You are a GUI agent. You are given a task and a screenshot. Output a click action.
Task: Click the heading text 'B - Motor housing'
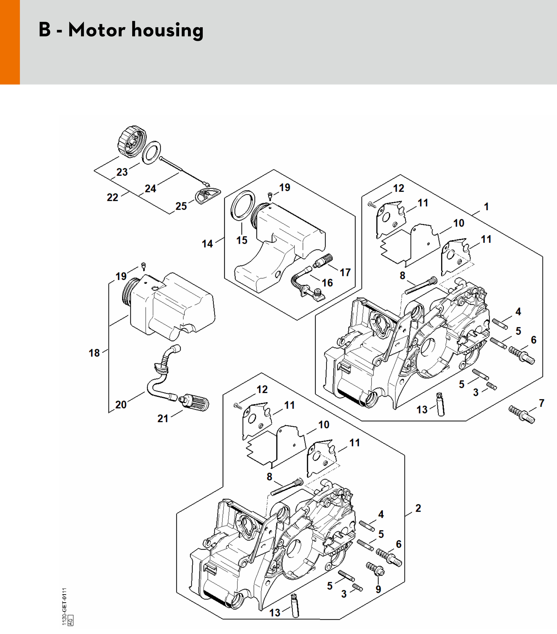tap(121, 30)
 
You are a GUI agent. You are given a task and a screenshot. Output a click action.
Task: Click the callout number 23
tap(122, 172)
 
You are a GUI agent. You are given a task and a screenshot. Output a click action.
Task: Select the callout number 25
tap(181, 206)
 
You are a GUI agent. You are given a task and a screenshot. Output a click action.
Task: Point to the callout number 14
tap(208, 244)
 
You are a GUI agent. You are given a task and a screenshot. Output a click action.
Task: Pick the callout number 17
tap(345, 272)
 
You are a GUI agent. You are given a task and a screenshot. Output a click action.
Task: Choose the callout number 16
tap(327, 283)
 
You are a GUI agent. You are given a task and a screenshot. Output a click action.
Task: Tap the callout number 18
tap(94, 353)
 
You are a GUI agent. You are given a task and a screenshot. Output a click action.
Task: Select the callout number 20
tap(121, 405)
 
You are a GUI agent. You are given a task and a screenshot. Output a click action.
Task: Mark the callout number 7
tap(541, 403)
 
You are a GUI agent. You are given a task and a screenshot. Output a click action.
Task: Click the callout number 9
tap(378, 589)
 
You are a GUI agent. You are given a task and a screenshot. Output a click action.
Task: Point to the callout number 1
tap(486, 207)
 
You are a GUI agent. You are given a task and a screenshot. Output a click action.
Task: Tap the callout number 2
tap(418, 508)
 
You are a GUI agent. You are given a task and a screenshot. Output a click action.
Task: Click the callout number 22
tap(113, 197)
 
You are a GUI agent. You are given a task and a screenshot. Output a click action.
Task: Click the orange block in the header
tap(10, 42)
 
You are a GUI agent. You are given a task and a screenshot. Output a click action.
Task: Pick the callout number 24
tap(151, 189)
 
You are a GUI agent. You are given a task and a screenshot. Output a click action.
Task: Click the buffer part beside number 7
tap(522, 414)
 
